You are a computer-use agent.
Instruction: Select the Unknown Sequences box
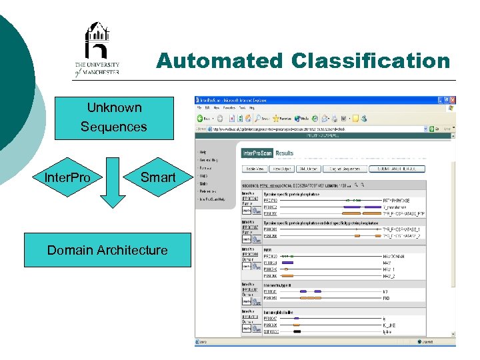pos(114,117)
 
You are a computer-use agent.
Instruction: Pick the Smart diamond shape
pos(157,177)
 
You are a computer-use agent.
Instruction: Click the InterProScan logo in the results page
pos(258,153)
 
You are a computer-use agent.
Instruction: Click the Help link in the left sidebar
pos(203,152)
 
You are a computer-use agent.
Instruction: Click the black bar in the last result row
pos(297,331)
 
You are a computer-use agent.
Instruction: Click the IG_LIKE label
pos(389,325)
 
